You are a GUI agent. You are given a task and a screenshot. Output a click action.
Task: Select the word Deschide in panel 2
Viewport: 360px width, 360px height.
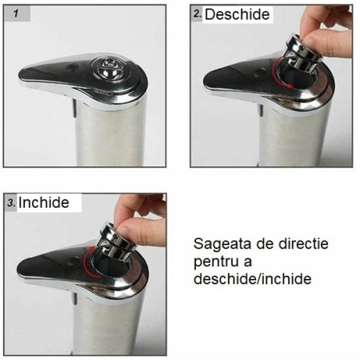click(238, 15)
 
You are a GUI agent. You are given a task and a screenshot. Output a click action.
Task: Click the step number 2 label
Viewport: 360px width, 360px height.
click(197, 14)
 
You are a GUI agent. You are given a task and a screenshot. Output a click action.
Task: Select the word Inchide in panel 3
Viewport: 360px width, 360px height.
click(44, 202)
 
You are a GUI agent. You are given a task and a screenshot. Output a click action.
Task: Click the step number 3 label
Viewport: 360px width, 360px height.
click(11, 203)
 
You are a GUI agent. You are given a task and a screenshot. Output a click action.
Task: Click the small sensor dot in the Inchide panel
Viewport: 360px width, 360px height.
click(74, 260)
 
